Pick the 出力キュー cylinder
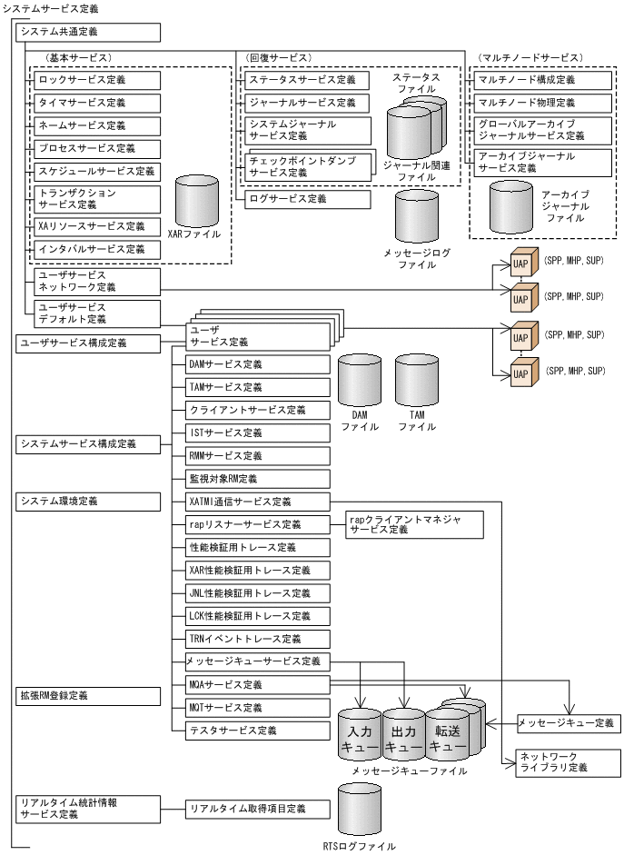[403, 735]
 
